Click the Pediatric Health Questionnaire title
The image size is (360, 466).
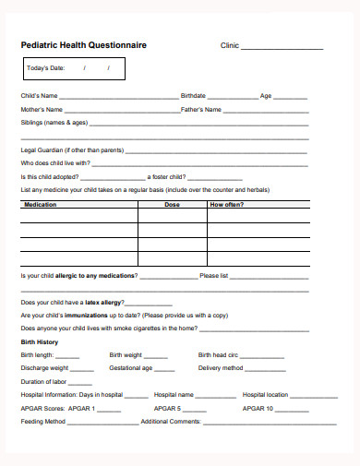click(x=83, y=44)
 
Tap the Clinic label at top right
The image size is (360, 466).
click(x=229, y=45)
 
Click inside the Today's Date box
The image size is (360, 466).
click(x=73, y=68)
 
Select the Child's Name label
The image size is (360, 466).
click(x=40, y=95)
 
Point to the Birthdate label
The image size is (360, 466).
click(x=193, y=95)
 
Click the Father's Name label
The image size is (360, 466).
click(x=201, y=109)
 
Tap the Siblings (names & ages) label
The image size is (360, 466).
click(x=54, y=122)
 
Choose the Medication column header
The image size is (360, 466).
click(x=41, y=204)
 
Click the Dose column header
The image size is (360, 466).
click(x=172, y=204)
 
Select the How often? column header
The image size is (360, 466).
click(x=227, y=204)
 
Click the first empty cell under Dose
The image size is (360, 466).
click(x=172, y=218)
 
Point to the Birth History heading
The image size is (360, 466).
click(x=40, y=341)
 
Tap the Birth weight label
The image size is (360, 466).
click(x=126, y=354)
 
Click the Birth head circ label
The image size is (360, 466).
click(x=219, y=354)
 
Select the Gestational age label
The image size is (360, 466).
click(x=130, y=367)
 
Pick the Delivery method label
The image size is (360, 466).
click(x=221, y=367)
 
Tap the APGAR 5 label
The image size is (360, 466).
click(x=167, y=408)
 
